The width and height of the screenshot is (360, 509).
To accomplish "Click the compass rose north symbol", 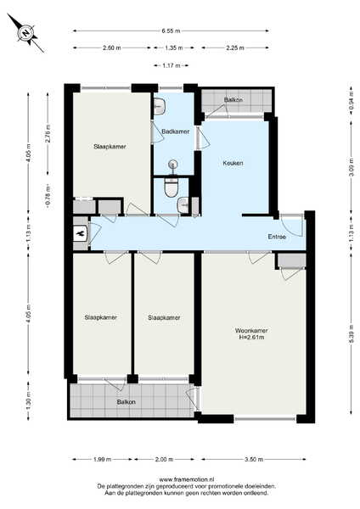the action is (x=25, y=32).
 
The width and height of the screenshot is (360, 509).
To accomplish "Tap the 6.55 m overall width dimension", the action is (x=171, y=31).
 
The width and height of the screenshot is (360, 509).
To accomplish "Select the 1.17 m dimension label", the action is (x=172, y=65).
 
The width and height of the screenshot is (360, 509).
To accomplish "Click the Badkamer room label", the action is (x=176, y=131).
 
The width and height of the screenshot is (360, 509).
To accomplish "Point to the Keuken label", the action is (x=233, y=163).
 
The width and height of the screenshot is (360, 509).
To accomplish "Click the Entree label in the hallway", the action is (x=277, y=237).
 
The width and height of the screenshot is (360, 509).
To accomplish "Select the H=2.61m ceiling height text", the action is (x=251, y=338).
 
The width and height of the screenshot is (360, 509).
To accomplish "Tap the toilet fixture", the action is (x=172, y=187).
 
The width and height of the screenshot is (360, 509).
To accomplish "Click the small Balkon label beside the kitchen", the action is (x=233, y=99).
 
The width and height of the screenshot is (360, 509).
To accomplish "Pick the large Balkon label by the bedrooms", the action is (x=126, y=402).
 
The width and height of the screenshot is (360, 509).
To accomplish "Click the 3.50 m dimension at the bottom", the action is (x=254, y=459).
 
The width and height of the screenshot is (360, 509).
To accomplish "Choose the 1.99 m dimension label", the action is (x=103, y=459).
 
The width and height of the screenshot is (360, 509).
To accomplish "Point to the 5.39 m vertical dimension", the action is (x=352, y=334).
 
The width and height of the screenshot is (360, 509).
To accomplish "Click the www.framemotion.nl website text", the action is (x=187, y=479).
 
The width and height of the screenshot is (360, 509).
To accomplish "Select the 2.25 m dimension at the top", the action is (x=235, y=48).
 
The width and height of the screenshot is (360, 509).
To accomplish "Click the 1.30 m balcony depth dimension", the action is (x=29, y=400).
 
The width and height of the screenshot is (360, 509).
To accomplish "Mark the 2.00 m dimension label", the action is (x=164, y=459).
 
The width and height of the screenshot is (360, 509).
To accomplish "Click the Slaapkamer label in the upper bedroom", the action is (x=110, y=147).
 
